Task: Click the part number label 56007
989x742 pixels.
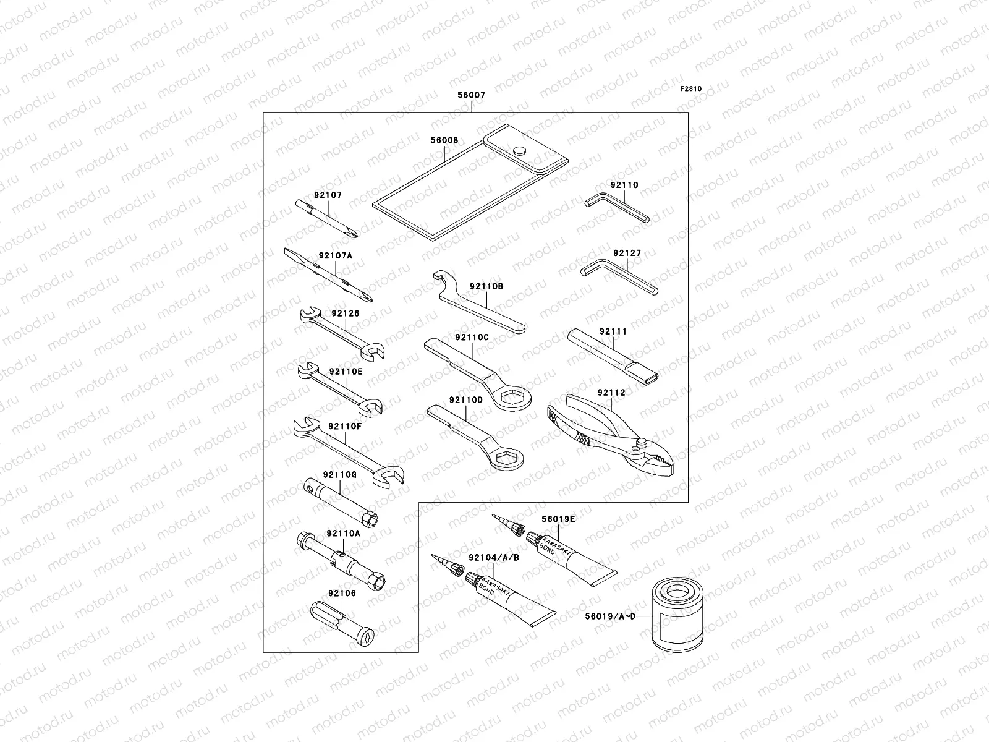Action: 471,96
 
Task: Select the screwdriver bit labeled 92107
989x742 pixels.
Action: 327,220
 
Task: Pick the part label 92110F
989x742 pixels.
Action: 345,425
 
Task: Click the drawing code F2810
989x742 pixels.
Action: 691,88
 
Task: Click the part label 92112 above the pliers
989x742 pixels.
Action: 611,392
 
